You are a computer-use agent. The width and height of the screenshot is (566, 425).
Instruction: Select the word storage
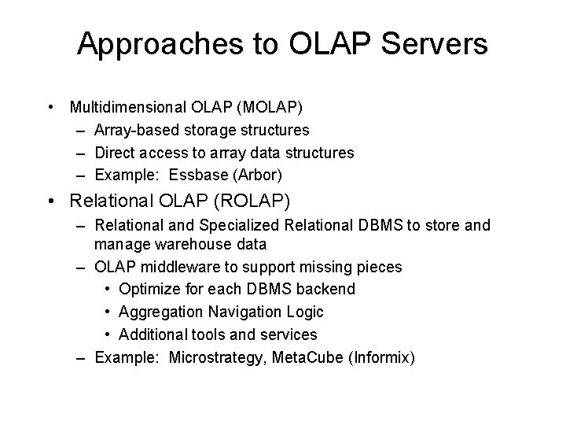point(214,129)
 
